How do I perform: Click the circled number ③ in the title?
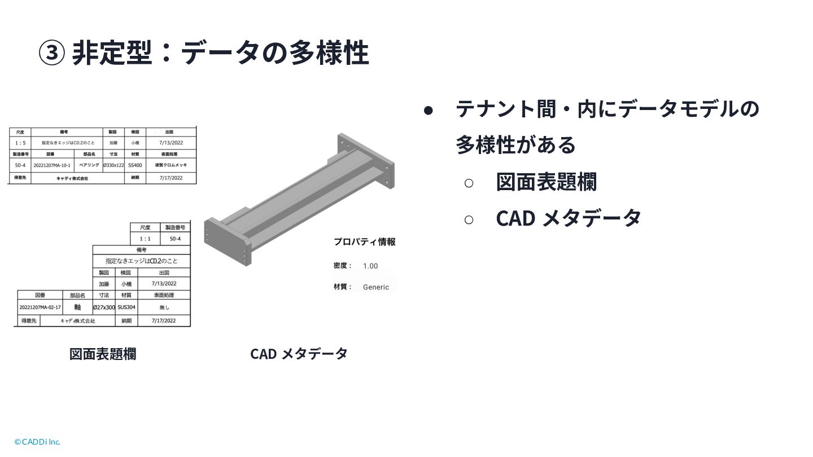(x=51, y=53)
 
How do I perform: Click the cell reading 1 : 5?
(x=20, y=143)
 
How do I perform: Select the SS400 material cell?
(x=135, y=165)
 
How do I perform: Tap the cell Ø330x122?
(x=113, y=165)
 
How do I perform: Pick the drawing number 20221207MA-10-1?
(x=52, y=165)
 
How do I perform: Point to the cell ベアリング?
(x=89, y=165)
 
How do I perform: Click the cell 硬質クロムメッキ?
(x=171, y=165)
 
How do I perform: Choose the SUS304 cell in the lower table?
(x=126, y=307)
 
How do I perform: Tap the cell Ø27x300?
(x=104, y=307)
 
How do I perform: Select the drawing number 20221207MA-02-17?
(x=40, y=307)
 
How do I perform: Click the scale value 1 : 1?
(x=145, y=239)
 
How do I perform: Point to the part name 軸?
(x=77, y=307)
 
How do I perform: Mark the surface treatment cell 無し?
(x=164, y=307)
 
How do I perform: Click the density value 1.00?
(x=370, y=266)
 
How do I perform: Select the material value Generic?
(x=376, y=287)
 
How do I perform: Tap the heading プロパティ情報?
(x=364, y=242)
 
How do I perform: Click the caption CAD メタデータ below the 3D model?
(x=299, y=354)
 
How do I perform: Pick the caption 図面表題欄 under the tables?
(x=103, y=354)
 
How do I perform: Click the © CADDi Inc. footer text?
(x=37, y=442)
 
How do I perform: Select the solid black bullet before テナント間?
(x=429, y=110)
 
